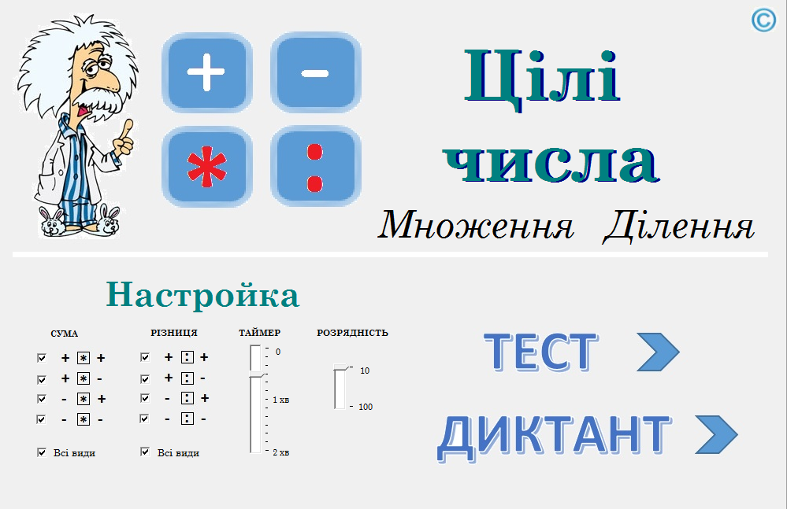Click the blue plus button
(x=206, y=72)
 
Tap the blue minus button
(x=316, y=72)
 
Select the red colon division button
(x=316, y=167)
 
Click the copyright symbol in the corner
(x=763, y=20)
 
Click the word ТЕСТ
(x=541, y=352)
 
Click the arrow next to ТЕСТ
(x=658, y=352)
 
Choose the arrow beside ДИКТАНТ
(x=717, y=434)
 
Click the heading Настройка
(x=202, y=295)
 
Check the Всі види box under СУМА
(x=42, y=452)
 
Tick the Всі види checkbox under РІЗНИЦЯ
(x=145, y=452)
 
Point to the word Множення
(x=476, y=225)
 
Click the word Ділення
(x=678, y=226)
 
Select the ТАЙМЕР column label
(x=259, y=333)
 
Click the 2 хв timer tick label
(x=281, y=452)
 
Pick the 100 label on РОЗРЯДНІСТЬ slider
(x=366, y=407)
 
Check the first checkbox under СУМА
(x=42, y=358)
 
